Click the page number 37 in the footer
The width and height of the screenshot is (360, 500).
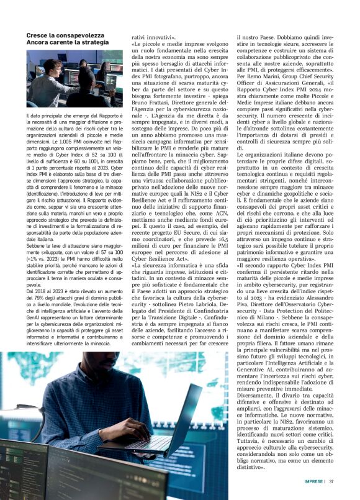click(331, 481)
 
